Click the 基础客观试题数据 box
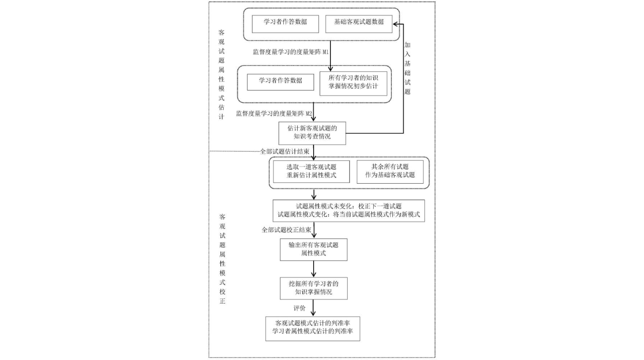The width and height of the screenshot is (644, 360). pyautogui.click(x=359, y=24)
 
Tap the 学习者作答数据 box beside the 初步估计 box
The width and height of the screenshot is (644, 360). pyautogui.click(x=281, y=82)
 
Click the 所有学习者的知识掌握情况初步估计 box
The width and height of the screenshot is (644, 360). pyautogui.click(x=353, y=83)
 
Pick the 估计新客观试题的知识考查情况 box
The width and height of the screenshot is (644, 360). pyautogui.click(x=312, y=133)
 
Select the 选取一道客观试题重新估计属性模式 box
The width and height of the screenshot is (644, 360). pyautogui.click(x=311, y=172)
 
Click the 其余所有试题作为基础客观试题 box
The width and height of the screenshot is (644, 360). pyautogui.click(x=390, y=172)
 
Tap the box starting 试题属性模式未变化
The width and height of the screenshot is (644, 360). pyautogui.click(x=349, y=211)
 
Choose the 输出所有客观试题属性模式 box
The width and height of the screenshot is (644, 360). pyautogui.click(x=313, y=249)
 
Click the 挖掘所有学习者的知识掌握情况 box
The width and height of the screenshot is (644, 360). pyautogui.click(x=313, y=288)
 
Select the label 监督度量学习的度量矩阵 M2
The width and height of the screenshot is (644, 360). pyautogui.click(x=274, y=113)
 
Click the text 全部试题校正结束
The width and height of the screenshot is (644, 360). pyautogui.click(x=286, y=229)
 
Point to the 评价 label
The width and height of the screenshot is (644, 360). pyautogui.click(x=300, y=308)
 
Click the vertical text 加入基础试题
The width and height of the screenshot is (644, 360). pyautogui.click(x=407, y=68)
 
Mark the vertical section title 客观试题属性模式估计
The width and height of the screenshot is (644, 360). pyautogui.click(x=222, y=75)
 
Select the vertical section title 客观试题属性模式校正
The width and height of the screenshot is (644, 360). pyautogui.click(x=222, y=259)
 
